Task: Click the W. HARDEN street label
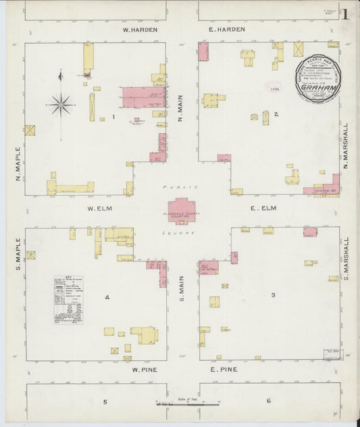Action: (140, 30)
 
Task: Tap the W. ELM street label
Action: (99, 208)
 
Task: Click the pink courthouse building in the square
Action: (181, 211)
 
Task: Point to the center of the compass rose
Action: (61, 104)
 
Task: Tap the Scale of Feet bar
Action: (187, 403)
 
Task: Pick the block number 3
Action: (273, 295)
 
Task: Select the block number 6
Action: (268, 401)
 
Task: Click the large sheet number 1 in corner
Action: (345, 14)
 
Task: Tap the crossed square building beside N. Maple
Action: (30, 130)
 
